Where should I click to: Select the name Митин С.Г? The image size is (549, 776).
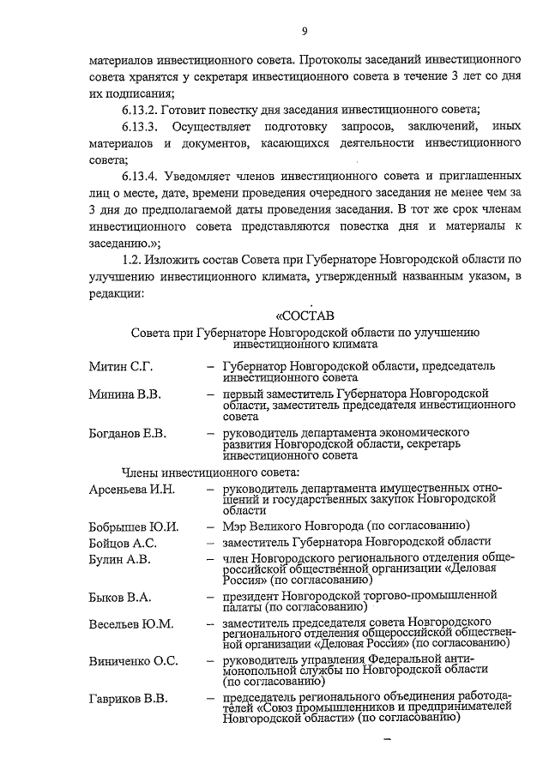[122, 367]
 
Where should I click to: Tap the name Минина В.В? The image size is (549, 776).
[125, 394]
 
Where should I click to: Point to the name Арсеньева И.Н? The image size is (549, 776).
[132, 489]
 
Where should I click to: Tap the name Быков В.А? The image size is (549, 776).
[121, 596]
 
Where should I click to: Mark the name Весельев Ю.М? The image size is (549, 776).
[131, 623]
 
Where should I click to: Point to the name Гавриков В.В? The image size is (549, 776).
[129, 698]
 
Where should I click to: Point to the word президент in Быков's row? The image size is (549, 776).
[252, 593]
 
